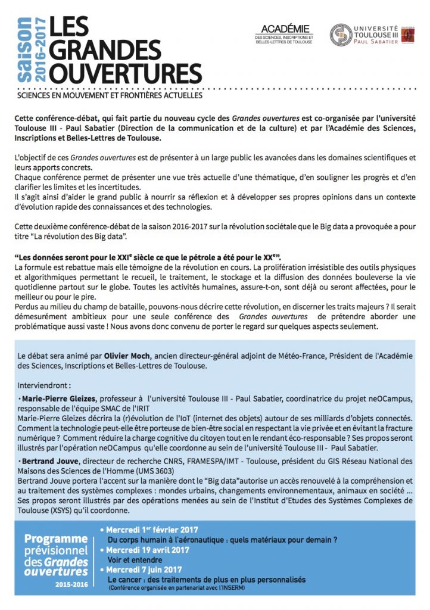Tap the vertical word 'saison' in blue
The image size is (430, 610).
coord(24,50)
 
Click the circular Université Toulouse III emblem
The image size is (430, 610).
coord(341,35)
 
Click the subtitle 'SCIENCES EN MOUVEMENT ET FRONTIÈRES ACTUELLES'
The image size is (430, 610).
coord(110,95)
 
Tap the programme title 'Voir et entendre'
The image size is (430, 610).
coord(134,560)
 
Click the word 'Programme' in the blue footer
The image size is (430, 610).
coord(55,539)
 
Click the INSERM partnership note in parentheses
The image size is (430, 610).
coord(176,588)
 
